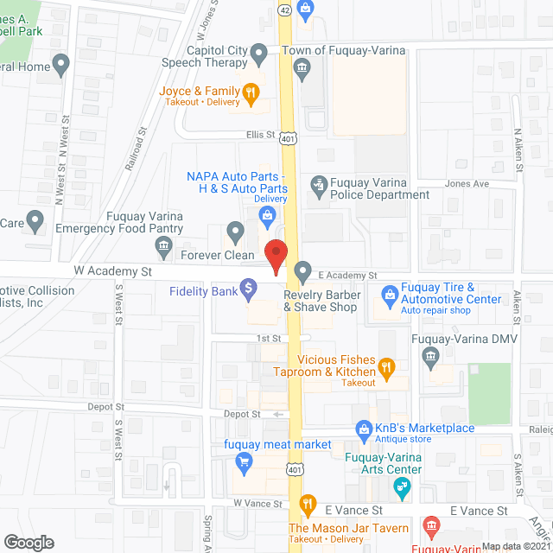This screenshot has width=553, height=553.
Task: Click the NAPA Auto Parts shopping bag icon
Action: (269, 213)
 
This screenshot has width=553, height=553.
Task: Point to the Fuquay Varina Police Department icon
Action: (319, 184)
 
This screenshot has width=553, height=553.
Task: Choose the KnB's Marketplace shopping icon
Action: (364, 428)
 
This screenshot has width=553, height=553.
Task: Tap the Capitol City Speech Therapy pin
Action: (258, 57)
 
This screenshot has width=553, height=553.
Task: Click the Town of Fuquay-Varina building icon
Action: (302, 72)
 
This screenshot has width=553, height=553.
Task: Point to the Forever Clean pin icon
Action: (235, 232)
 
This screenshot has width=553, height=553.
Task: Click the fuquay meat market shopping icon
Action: (243, 464)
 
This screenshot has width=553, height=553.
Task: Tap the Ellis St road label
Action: (257, 135)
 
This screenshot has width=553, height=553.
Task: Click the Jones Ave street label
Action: (467, 184)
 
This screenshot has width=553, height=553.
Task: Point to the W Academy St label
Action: (112, 270)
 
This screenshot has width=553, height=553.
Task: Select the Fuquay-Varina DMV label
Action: (464, 338)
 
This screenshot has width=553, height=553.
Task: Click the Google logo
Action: (29, 542)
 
